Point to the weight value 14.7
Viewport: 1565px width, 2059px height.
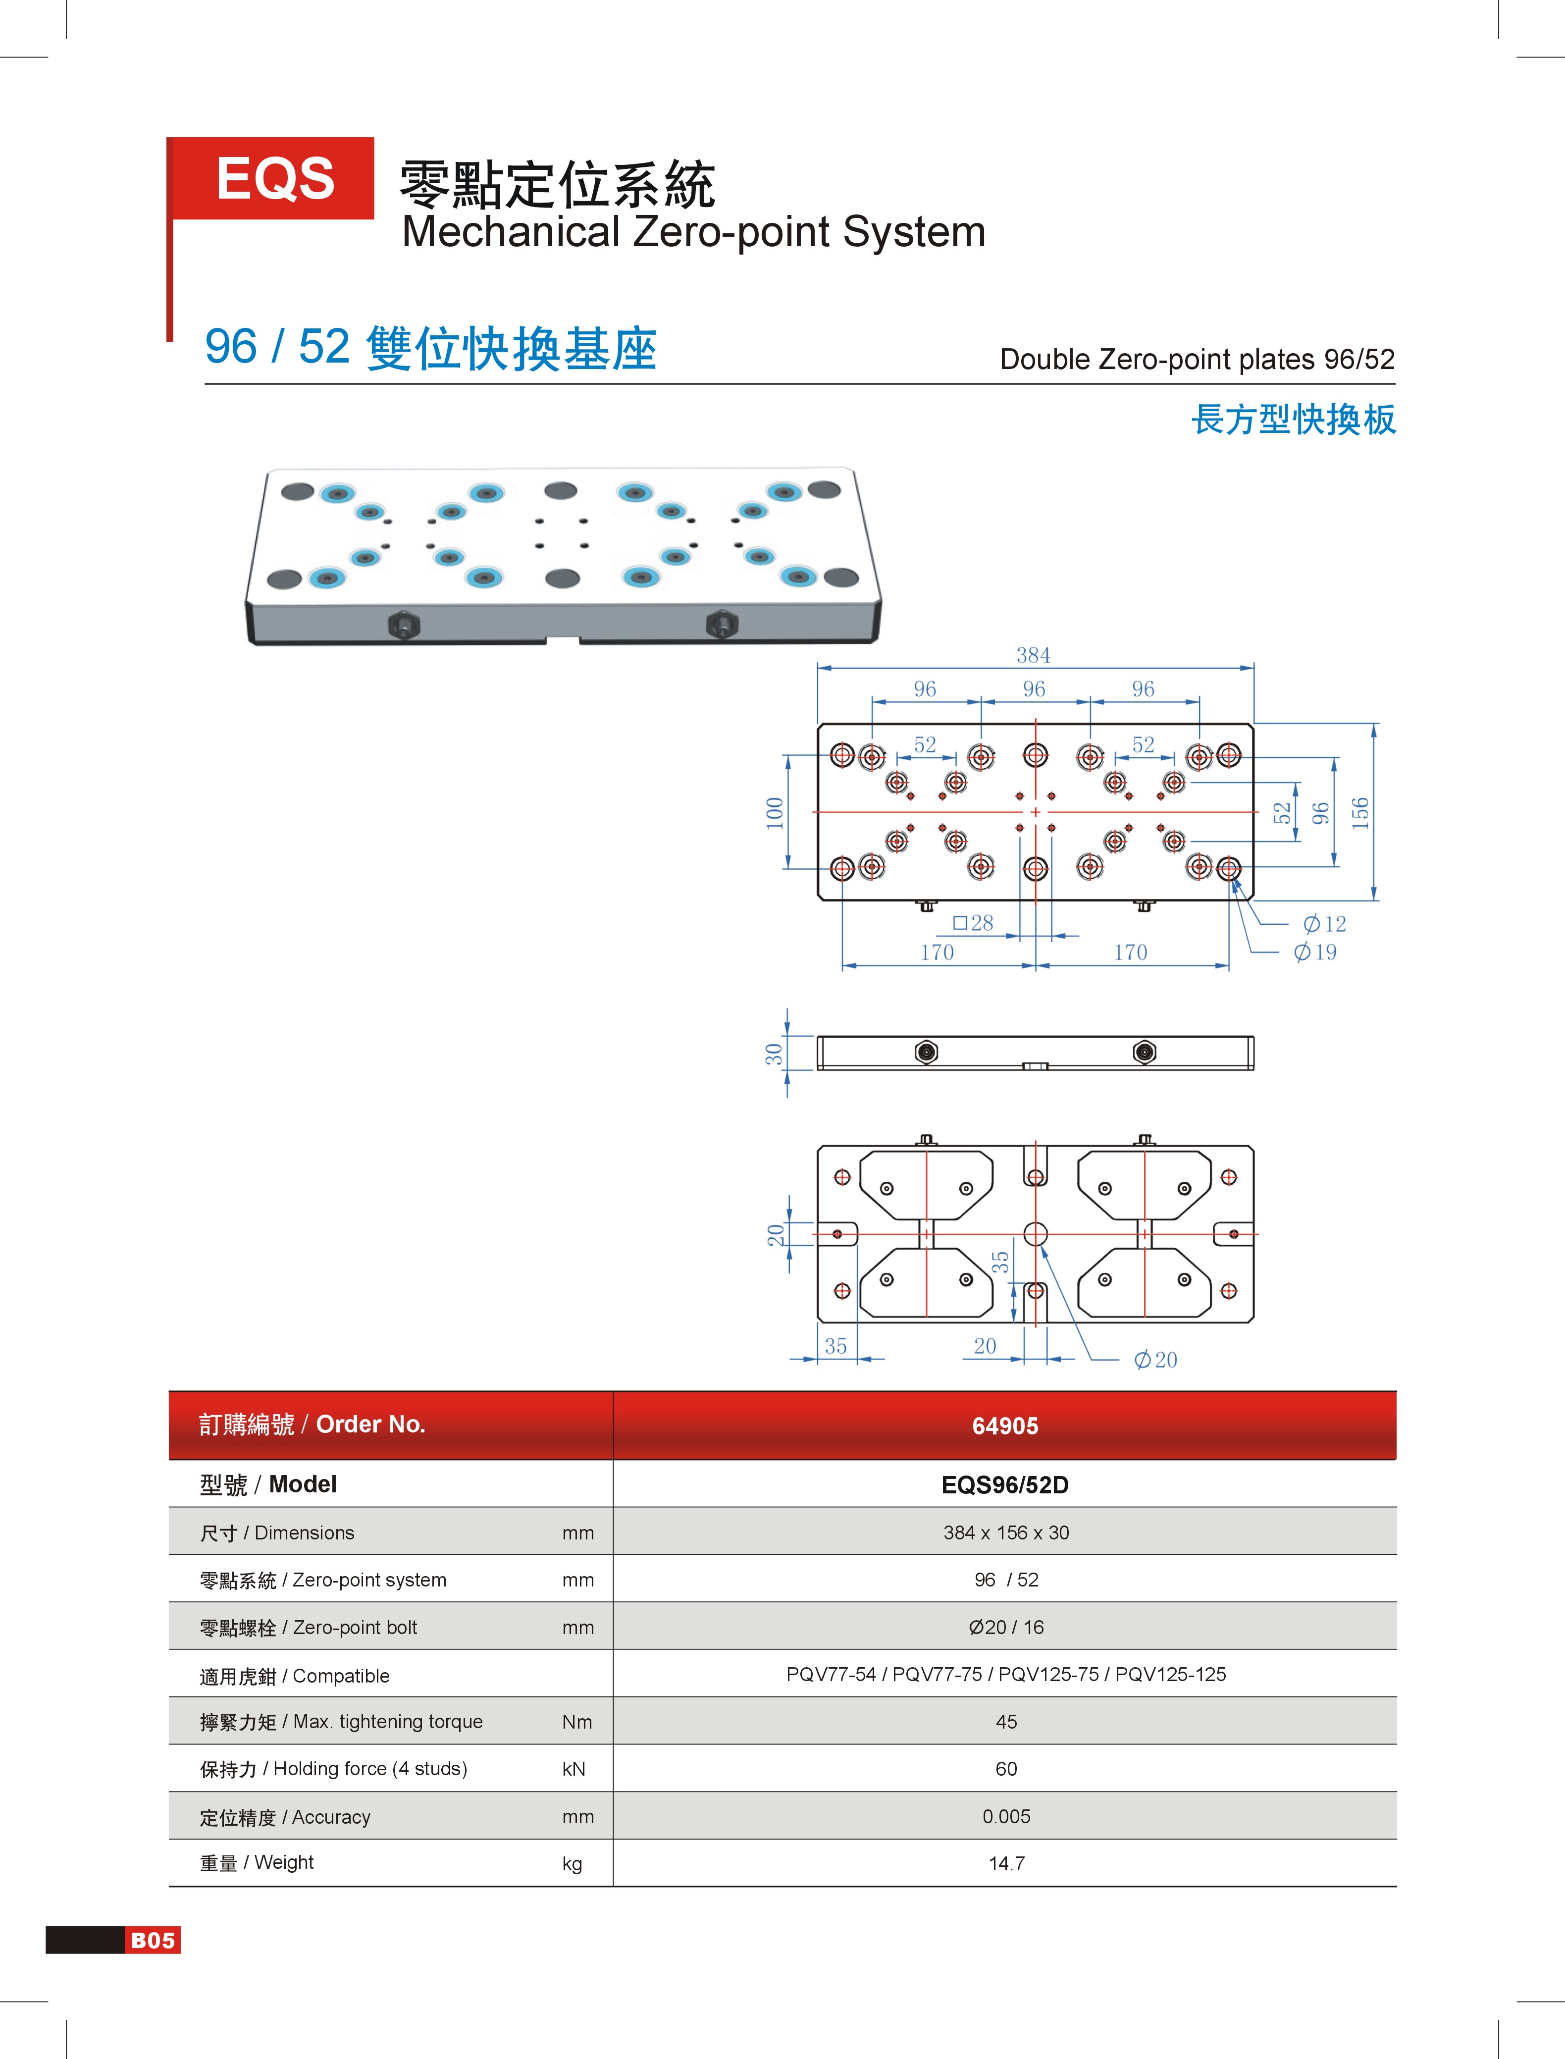pyautogui.click(x=1006, y=1863)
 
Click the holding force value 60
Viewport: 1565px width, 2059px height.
pyautogui.click(x=1006, y=1768)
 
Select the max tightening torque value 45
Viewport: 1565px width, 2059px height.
pyautogui.click(x=1006, y=1722)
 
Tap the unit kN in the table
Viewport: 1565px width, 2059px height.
pyautogui.click(x=574, y=1768)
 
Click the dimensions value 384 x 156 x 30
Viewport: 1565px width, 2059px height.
pyautogui.click(x=1006, y=1532)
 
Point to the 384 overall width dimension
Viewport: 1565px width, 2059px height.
pyautogui.click(x=1033, y=655)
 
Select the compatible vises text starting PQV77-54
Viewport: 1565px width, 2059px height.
pyautogui.click(x=1006, y=1674)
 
